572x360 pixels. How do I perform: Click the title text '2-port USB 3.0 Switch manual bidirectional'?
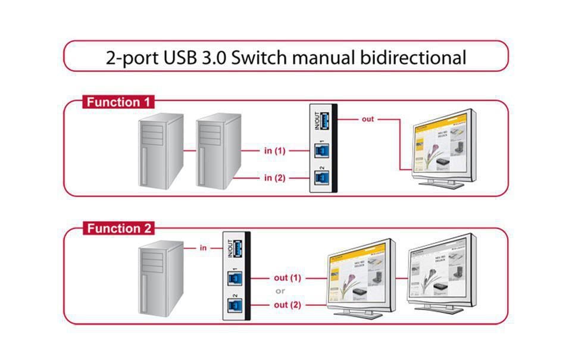click(286, 58)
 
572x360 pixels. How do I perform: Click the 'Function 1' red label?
click(118, 102)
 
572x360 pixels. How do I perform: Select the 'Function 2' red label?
click(118, 228)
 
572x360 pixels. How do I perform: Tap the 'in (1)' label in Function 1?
click(275, 151)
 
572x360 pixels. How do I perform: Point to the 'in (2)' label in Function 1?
click(275, 177)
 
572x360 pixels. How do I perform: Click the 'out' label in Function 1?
click(368, 119)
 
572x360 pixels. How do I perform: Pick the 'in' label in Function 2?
click(203, 248)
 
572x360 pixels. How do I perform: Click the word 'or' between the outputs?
click(280, 291)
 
